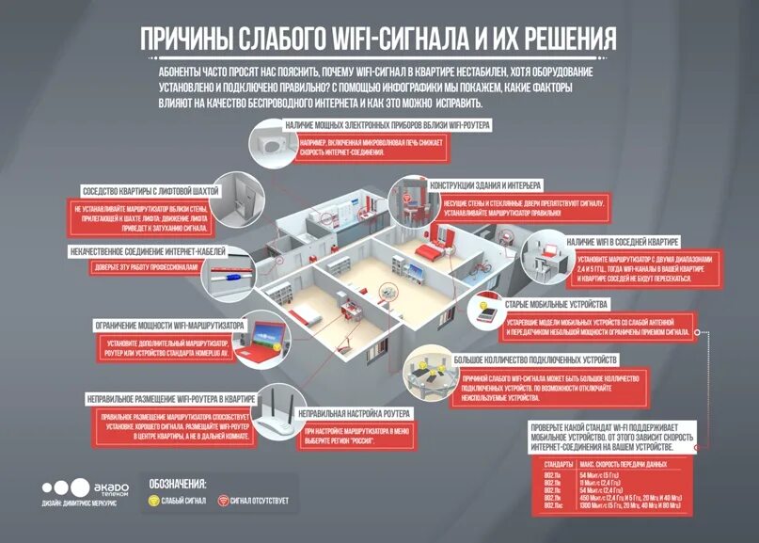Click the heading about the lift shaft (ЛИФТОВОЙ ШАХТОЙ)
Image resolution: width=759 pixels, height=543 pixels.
coord(150,189)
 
